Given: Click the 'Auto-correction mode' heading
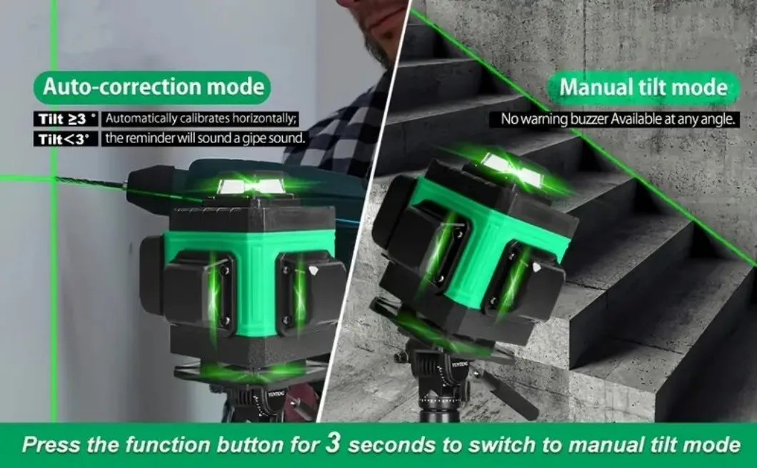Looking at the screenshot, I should pos(153,87).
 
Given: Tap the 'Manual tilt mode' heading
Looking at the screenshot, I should pos(643,88).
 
